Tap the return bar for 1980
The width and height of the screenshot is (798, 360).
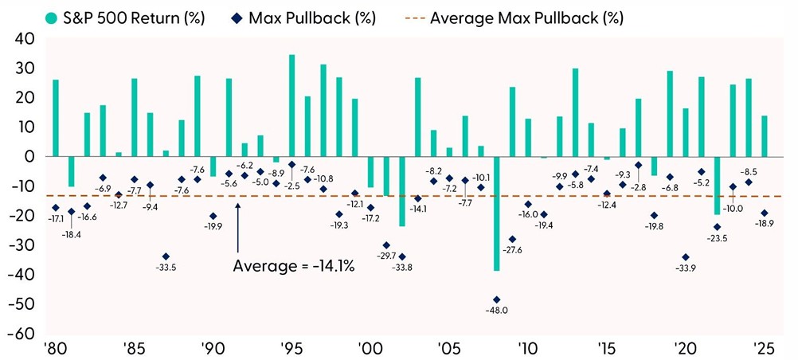pos(56,118)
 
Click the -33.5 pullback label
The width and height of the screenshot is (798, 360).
pos(165,268)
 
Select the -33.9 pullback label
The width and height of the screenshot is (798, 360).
pos(685,268)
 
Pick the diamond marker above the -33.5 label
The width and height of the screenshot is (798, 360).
pos(166,256)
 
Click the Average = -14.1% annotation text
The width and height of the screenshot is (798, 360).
pos(293,267)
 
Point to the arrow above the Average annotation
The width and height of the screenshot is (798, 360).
pos(238,227)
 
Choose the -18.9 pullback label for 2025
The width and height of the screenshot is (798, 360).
pos(765,225)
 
